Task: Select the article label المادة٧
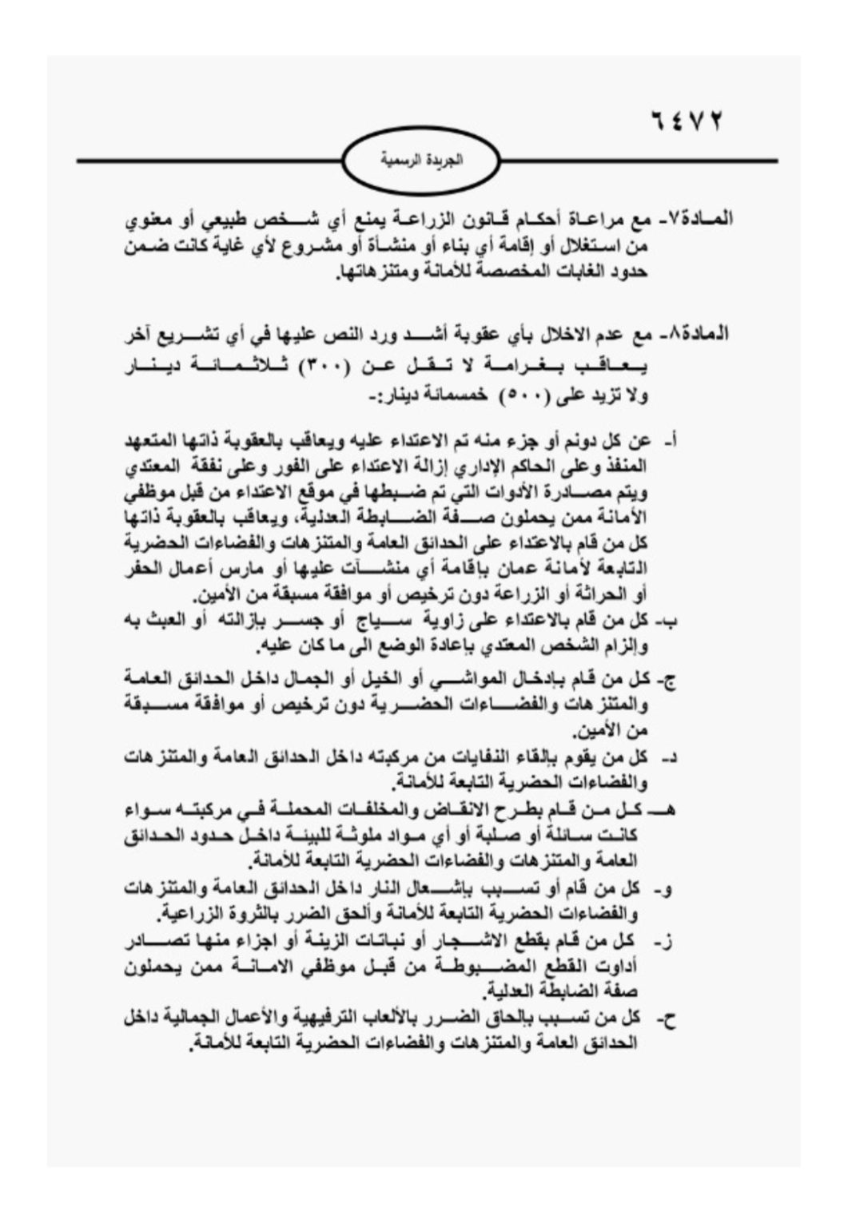click(697, 217)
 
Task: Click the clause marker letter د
click(671, 756)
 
